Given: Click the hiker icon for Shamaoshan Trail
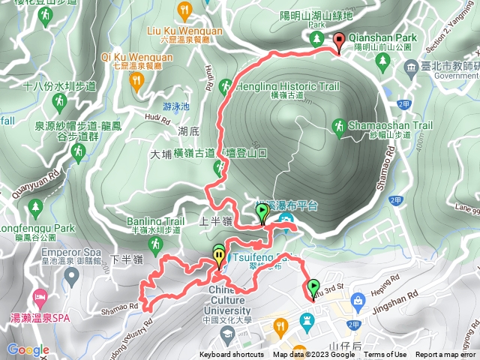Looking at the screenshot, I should point(339,128).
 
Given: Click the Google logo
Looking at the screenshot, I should point(28,349).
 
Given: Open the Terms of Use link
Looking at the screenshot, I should point(385,355).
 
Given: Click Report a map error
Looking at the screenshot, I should point(447,355).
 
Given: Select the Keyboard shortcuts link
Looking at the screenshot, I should point(231,355).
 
